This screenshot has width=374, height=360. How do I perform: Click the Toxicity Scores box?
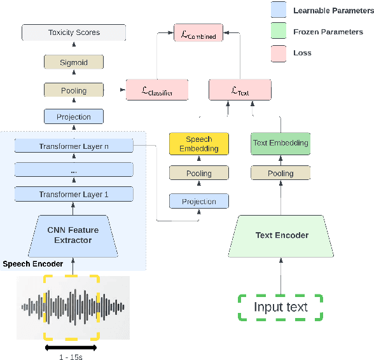[x=74, y=32]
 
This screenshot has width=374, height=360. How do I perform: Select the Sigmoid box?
[x=74, y=62]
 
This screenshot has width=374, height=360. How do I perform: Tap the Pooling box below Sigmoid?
[x=74, y=90]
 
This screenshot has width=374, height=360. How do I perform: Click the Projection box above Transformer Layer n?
[x=74, y=117]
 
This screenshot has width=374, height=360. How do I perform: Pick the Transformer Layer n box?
[x=74, y=146]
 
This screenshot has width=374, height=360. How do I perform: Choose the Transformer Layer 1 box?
[x=74, y=195]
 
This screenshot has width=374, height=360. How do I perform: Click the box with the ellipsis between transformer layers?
[x=74, y=170]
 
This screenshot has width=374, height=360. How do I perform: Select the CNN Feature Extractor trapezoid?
[x=73, y=235]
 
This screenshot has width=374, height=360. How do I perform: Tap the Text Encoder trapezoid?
[x=282, y=235]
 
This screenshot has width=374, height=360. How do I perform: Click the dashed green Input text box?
[x=280, y=307]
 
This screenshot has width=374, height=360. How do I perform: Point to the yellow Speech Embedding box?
[x=198, y=144]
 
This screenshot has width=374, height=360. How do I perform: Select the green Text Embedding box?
[x=280, y=143]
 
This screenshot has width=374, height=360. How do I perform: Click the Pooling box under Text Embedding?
[x=280, y=173]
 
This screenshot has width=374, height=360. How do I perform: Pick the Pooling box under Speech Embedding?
[x=198, y=173]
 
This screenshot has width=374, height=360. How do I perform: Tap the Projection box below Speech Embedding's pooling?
[x=198, y=202]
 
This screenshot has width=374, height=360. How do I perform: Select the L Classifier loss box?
[x=157, y=90]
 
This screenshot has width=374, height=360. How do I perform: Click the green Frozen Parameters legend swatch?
[x=279, y=31]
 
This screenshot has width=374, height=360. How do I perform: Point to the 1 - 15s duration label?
[x=71, y=357]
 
